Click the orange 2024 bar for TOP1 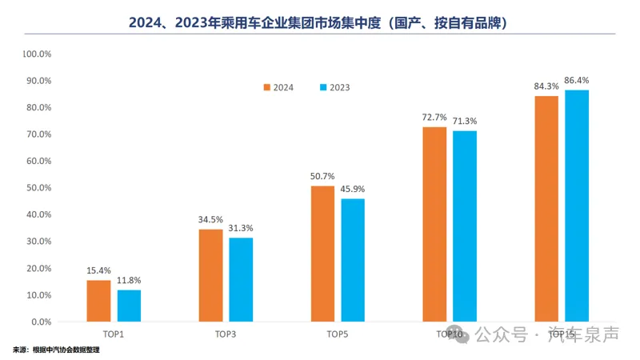[98, 301]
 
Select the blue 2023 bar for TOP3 [241, 279]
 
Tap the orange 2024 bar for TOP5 [323, 254]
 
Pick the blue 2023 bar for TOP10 [465, 226]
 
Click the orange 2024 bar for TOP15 [546, 209]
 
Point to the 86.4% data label [577, 80]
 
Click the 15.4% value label [98, 270]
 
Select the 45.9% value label [353, 189]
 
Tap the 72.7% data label [434, 117]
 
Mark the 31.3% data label [241, 228]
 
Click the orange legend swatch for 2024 [268, 87]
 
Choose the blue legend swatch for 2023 [323, 87]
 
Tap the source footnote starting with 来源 [56, 350]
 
